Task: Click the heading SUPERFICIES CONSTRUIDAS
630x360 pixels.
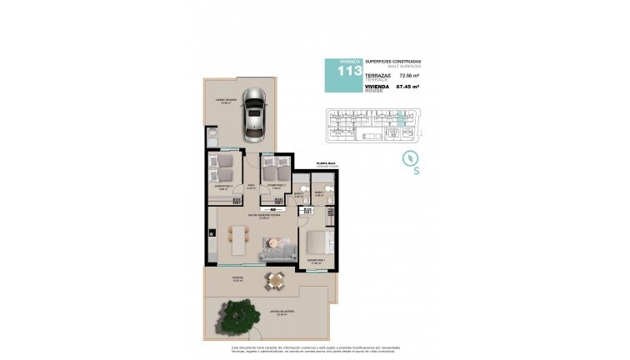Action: click(392, 62)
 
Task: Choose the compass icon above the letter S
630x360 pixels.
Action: click(409, 157)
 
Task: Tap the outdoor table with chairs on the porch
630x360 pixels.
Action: click(274, 281)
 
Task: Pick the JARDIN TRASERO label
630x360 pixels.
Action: click(226, 102)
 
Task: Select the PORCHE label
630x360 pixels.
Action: click(237, 278)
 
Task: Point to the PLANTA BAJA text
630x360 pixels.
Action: click(325, 165)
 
